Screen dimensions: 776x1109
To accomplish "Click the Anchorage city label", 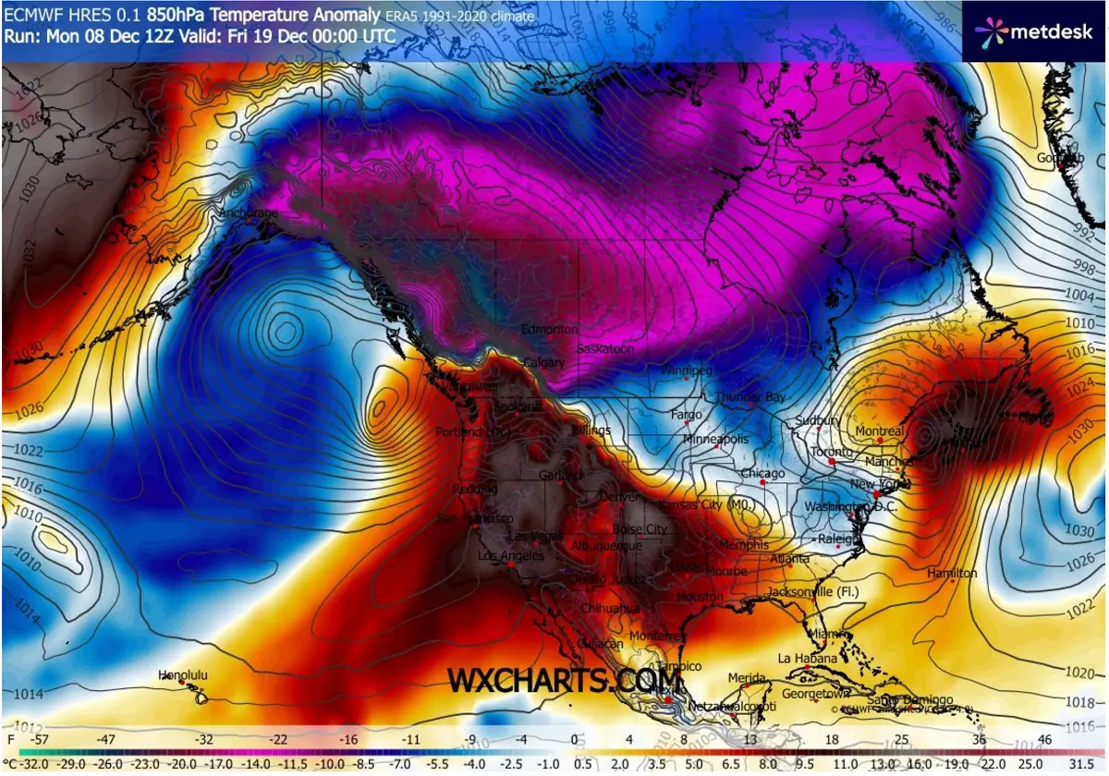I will click(247, 213).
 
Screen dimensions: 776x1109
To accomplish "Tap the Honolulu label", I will click(182, 675).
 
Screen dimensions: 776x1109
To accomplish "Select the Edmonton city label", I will click(550, 330).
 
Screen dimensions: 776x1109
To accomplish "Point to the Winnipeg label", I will click(687, 370).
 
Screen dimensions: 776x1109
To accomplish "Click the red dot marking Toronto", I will click(832, 460).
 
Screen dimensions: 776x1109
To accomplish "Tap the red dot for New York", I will click(876, 495).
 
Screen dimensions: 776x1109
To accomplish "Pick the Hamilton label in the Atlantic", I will click(952, 574).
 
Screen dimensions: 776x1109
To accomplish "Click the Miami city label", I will click(828, 635).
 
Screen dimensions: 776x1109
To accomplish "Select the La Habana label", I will click(807, 659).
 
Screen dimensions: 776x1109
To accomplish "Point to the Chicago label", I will click(762, 474).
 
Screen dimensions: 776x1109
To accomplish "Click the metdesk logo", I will click(1034, 30).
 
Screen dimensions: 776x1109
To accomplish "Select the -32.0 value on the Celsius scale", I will click(20, 765).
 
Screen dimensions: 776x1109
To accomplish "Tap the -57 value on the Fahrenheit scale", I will click(38, 740).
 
